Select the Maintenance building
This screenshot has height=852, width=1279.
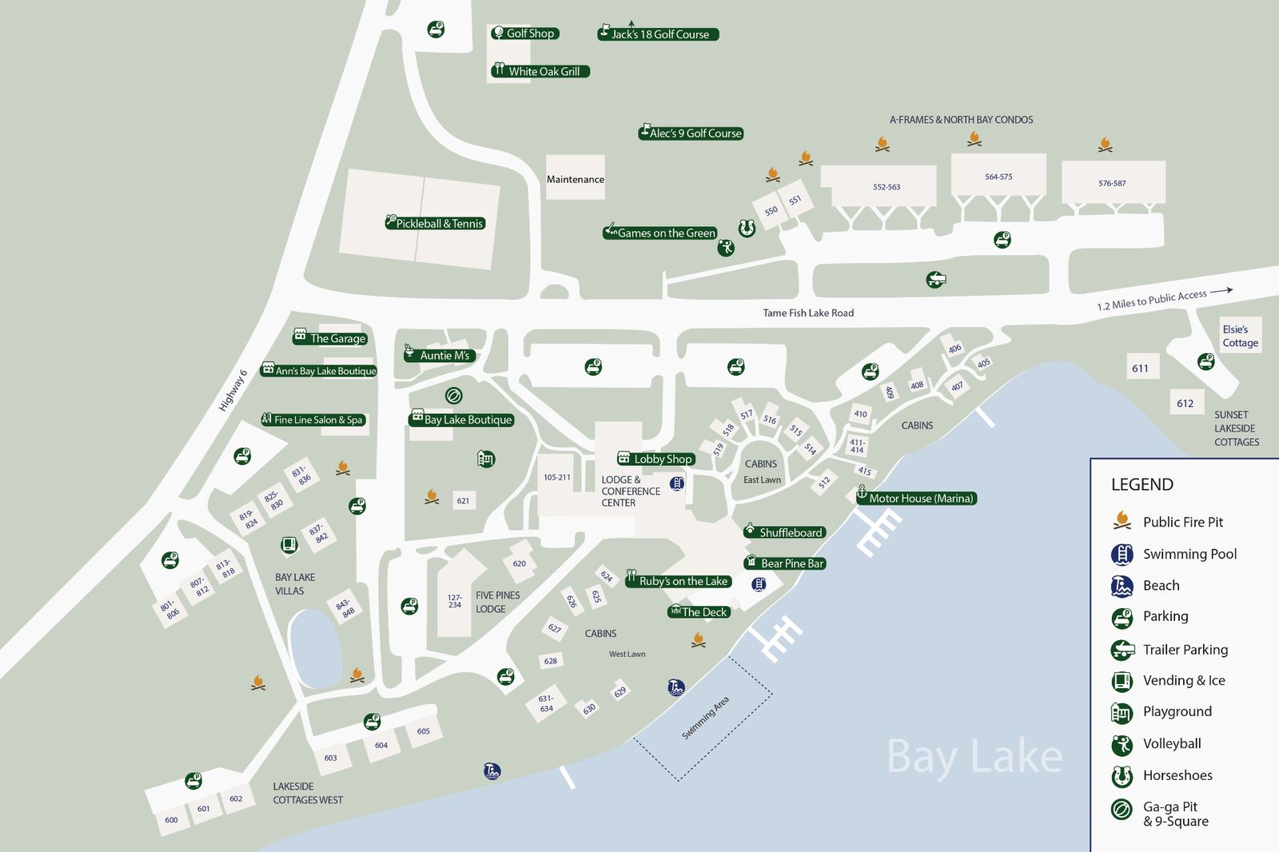(575, 179)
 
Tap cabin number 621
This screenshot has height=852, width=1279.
(463, 501)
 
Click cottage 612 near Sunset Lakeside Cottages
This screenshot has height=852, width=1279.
(1185, 404)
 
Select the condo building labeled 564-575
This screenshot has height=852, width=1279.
(998, 177)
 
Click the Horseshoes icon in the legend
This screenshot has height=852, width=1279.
(1122, 775)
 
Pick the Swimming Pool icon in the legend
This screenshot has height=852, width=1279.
(1122, 554)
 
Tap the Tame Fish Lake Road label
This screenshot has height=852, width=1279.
(808, 313)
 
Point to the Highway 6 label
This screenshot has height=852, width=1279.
(233, 391)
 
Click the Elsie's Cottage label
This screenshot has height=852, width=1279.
(1240, 336)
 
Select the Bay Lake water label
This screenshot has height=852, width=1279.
(974, 756)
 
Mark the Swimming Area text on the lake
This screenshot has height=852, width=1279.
(705, 718)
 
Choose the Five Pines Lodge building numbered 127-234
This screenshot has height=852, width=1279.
(455, 601)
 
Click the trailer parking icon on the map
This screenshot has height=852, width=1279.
(936, 280)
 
